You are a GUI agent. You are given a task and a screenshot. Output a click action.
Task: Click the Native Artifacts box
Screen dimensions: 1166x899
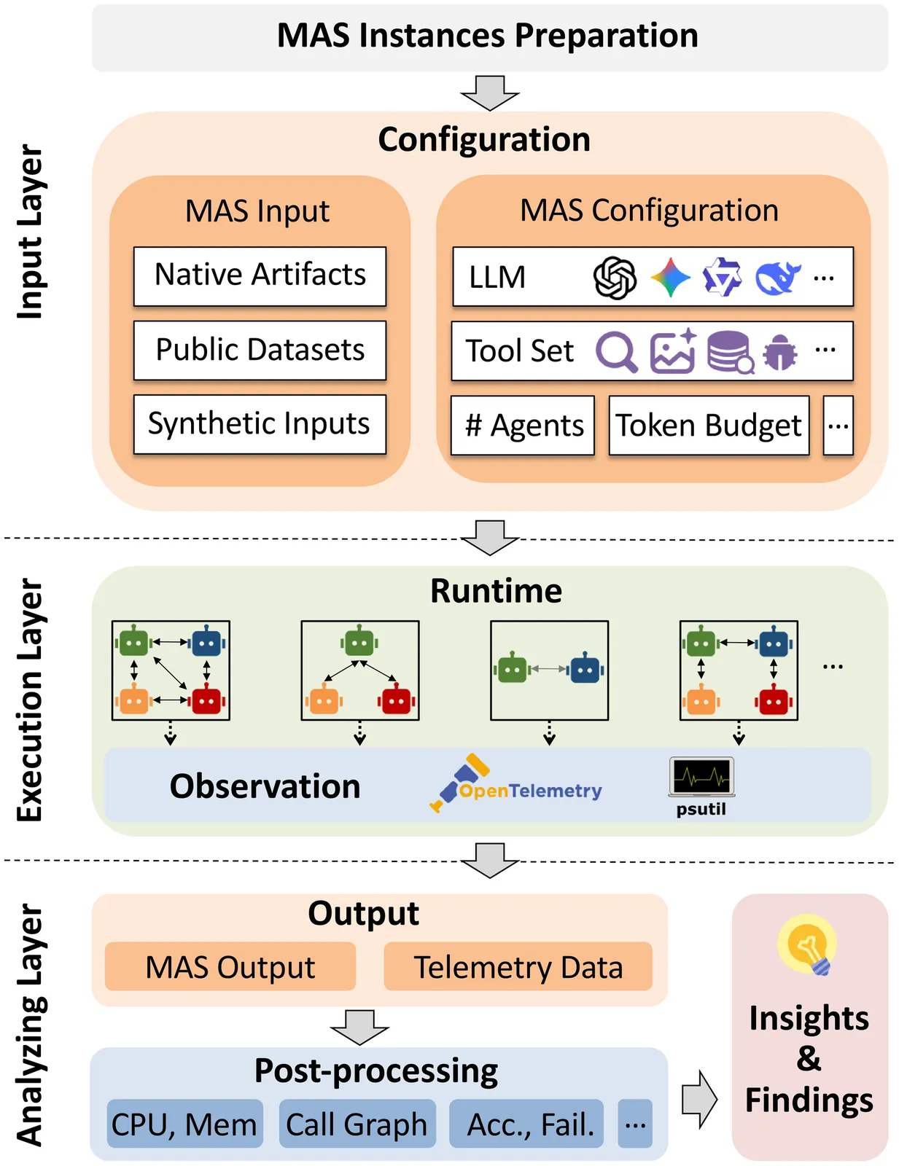tap(260, 275)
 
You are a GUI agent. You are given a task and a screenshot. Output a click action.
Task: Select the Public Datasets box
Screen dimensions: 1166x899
tap(260, 350)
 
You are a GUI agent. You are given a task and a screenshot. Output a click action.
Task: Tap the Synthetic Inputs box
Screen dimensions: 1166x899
tap(260, 424)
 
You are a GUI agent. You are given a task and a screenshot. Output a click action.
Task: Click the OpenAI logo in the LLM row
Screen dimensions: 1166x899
tap(615, 278)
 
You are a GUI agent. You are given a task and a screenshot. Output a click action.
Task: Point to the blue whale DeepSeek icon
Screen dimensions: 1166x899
tap(777, 278)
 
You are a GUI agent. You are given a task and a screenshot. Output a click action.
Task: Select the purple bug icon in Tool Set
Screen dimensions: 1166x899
tap(780, 353)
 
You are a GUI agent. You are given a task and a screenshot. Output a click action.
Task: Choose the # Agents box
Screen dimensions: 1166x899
tap(523, 426)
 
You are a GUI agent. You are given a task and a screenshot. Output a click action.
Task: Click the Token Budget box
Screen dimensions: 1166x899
tap(709, 426)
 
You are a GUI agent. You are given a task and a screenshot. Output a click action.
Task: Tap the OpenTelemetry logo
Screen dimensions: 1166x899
tap(516, 785)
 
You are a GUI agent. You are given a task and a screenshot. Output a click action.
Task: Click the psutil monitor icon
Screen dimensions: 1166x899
tap(701, 777)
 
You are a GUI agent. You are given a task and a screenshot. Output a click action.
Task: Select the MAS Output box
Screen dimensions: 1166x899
tap(230, 967)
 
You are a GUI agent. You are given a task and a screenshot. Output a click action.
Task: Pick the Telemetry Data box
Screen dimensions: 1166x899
tap(518, 967)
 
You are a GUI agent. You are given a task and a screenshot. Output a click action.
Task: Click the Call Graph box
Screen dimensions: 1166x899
tap(357, 1124)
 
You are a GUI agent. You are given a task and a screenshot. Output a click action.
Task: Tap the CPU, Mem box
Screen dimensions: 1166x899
tap(184, 1124)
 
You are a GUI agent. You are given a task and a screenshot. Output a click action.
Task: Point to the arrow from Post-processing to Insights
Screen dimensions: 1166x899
tap(699, 1099)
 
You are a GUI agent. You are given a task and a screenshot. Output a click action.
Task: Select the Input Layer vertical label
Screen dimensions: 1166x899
tap(31, 232)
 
